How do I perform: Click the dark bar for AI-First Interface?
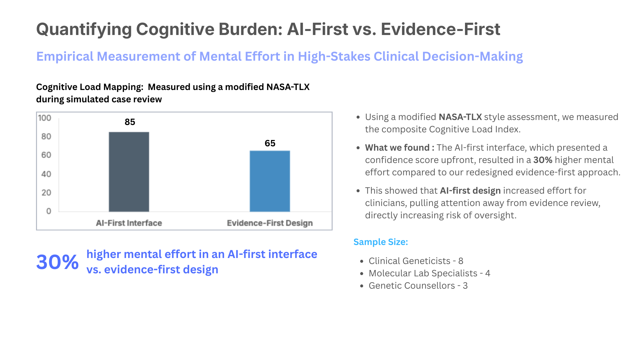point(129,172)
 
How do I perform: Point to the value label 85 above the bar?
point(130,122)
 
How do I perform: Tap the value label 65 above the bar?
point(270,143)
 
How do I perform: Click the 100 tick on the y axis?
point(45,118)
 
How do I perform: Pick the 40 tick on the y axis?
point(46,174)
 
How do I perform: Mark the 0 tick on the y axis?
point(49,211)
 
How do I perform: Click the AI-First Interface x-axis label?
point(129,223)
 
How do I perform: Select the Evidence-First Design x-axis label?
point(270,223)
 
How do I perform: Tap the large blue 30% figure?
point(57,262)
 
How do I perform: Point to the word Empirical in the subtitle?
point(65,57)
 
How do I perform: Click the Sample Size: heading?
point(381,242)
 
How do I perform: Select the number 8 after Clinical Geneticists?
point(461,261)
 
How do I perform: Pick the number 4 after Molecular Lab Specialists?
point(488,273)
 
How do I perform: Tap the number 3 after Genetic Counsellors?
point(465,286)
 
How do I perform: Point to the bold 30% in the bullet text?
point(543,160)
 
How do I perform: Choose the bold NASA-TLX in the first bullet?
point(460,117)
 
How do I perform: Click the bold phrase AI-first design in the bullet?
point(470,191)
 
